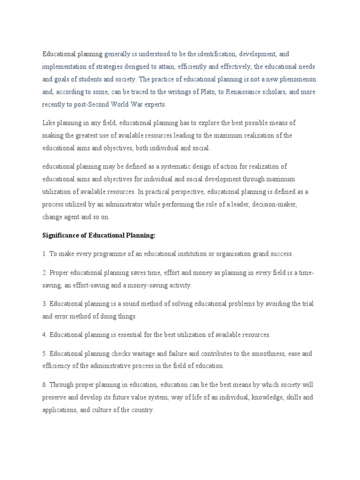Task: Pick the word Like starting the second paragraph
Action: coord(48,123)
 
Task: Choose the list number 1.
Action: coord(44,254)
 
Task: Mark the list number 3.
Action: coord(44,304)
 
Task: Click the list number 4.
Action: coord(44,335)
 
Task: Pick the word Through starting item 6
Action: coord(62,385)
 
